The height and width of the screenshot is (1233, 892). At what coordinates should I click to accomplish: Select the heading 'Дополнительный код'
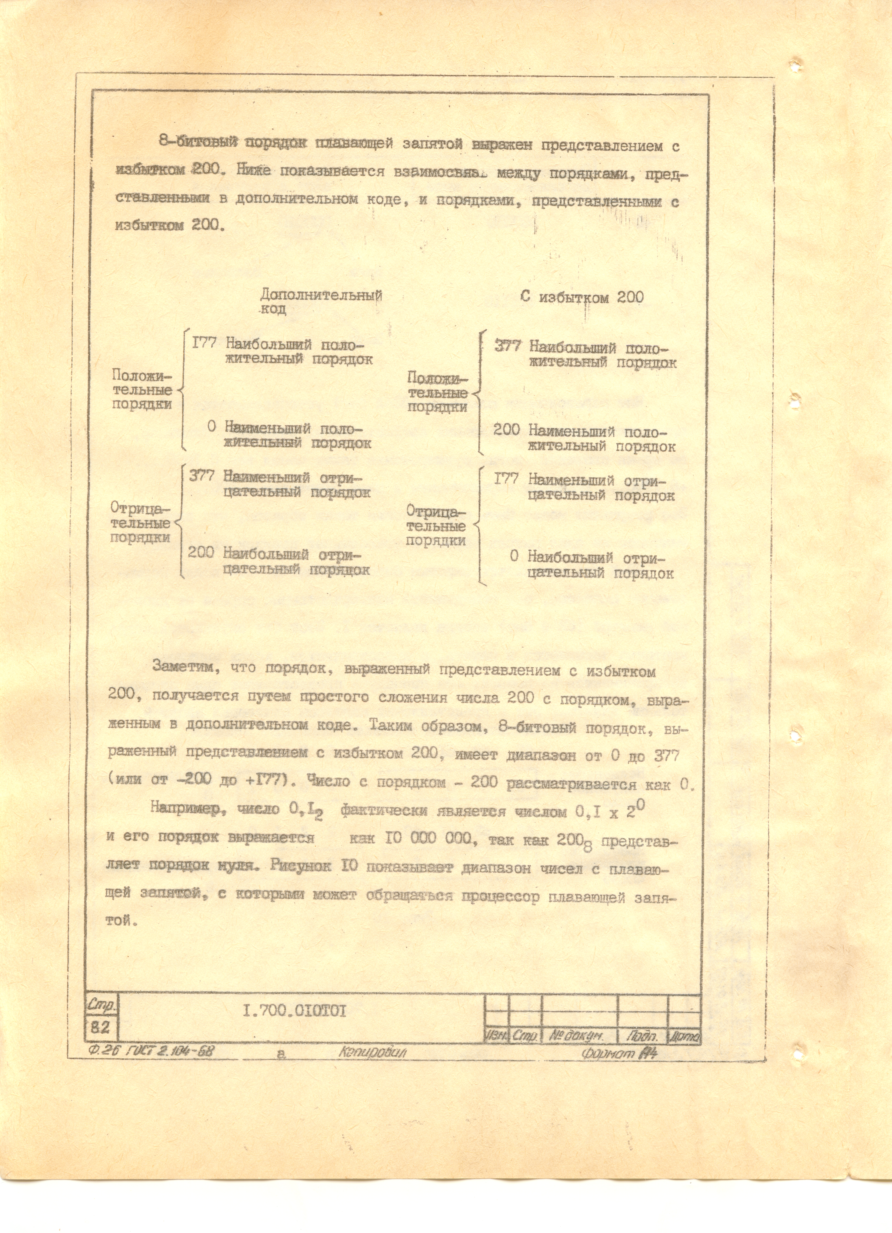(321, 302)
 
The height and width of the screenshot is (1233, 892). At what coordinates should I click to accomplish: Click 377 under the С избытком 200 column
(508, 346)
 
